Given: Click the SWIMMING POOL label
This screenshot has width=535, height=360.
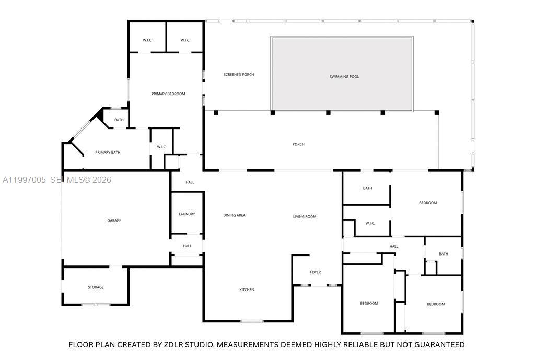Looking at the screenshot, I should tap(344, 77).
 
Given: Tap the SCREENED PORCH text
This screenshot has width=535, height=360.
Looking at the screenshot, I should tap(239, 75).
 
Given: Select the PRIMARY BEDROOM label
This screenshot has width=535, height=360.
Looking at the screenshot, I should tap(168, 94).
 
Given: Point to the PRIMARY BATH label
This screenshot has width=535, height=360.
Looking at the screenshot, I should tap(108, 153).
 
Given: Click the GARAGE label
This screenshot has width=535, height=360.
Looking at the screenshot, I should tap(114, 220).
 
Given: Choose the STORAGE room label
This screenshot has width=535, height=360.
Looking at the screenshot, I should tap(96, 287).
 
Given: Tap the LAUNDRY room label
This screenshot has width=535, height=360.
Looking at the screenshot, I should tap(187, 214).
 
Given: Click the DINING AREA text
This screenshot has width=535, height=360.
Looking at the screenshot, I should tap(234, 215).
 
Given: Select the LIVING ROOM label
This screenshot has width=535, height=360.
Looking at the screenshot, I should tap(304, 217).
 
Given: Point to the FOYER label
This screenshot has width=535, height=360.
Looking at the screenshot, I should tap(315, 272).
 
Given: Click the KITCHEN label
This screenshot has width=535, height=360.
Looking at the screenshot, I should tap(247, 290).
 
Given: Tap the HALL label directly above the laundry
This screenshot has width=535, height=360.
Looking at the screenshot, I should tap(190, 182).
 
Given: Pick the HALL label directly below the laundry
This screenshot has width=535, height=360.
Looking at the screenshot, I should tap(187, 246).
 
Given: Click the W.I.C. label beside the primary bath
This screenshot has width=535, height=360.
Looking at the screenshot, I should tap(161, 147).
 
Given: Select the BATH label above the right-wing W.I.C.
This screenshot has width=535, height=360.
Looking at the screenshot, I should tap(367, 188).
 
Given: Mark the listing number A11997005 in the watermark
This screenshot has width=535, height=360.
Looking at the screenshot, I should tap(25, 180).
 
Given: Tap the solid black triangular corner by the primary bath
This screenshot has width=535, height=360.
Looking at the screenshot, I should tap(98, 115).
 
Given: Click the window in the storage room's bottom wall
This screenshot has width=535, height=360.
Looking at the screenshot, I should tap(96, 304).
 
